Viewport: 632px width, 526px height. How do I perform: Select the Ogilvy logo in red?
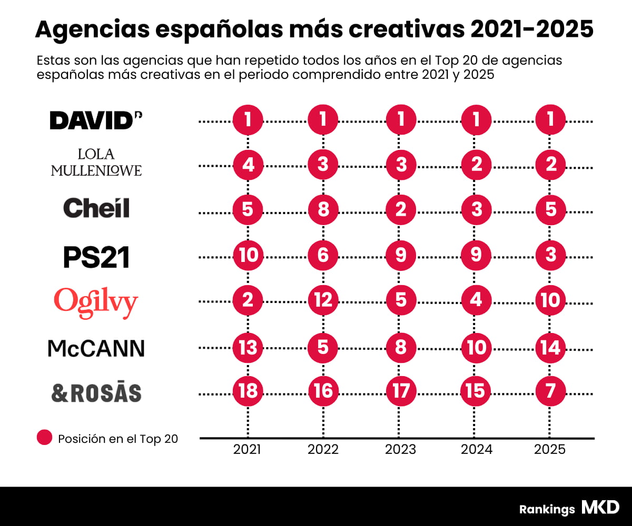click(x=96, y=301)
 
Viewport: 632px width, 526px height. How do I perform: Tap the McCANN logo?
click(x=96, y=348)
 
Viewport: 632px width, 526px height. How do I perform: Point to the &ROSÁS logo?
click(x=96, y=393)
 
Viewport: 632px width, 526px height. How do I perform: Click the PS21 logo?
click(x=96, y=257)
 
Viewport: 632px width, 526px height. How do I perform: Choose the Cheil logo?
click(x=96, y=208)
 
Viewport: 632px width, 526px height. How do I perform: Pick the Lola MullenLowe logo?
click(x=96, y=162)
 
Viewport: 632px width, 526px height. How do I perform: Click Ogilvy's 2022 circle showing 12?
click(x=323, y=300)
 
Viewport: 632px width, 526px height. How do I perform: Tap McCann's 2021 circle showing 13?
click(x=248, y=348)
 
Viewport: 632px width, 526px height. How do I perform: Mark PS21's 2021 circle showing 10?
click(x=248, y=255)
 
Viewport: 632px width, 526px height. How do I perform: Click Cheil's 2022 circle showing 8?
click(x=323, y=209)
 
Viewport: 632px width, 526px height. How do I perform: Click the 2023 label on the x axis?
click(x=400, y=450)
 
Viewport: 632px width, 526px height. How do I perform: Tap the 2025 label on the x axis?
click(x=550, y=450)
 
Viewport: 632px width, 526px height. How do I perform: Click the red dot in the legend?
click(x=45, y=438)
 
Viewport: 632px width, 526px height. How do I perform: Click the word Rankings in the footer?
click(x=547, y=509)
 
